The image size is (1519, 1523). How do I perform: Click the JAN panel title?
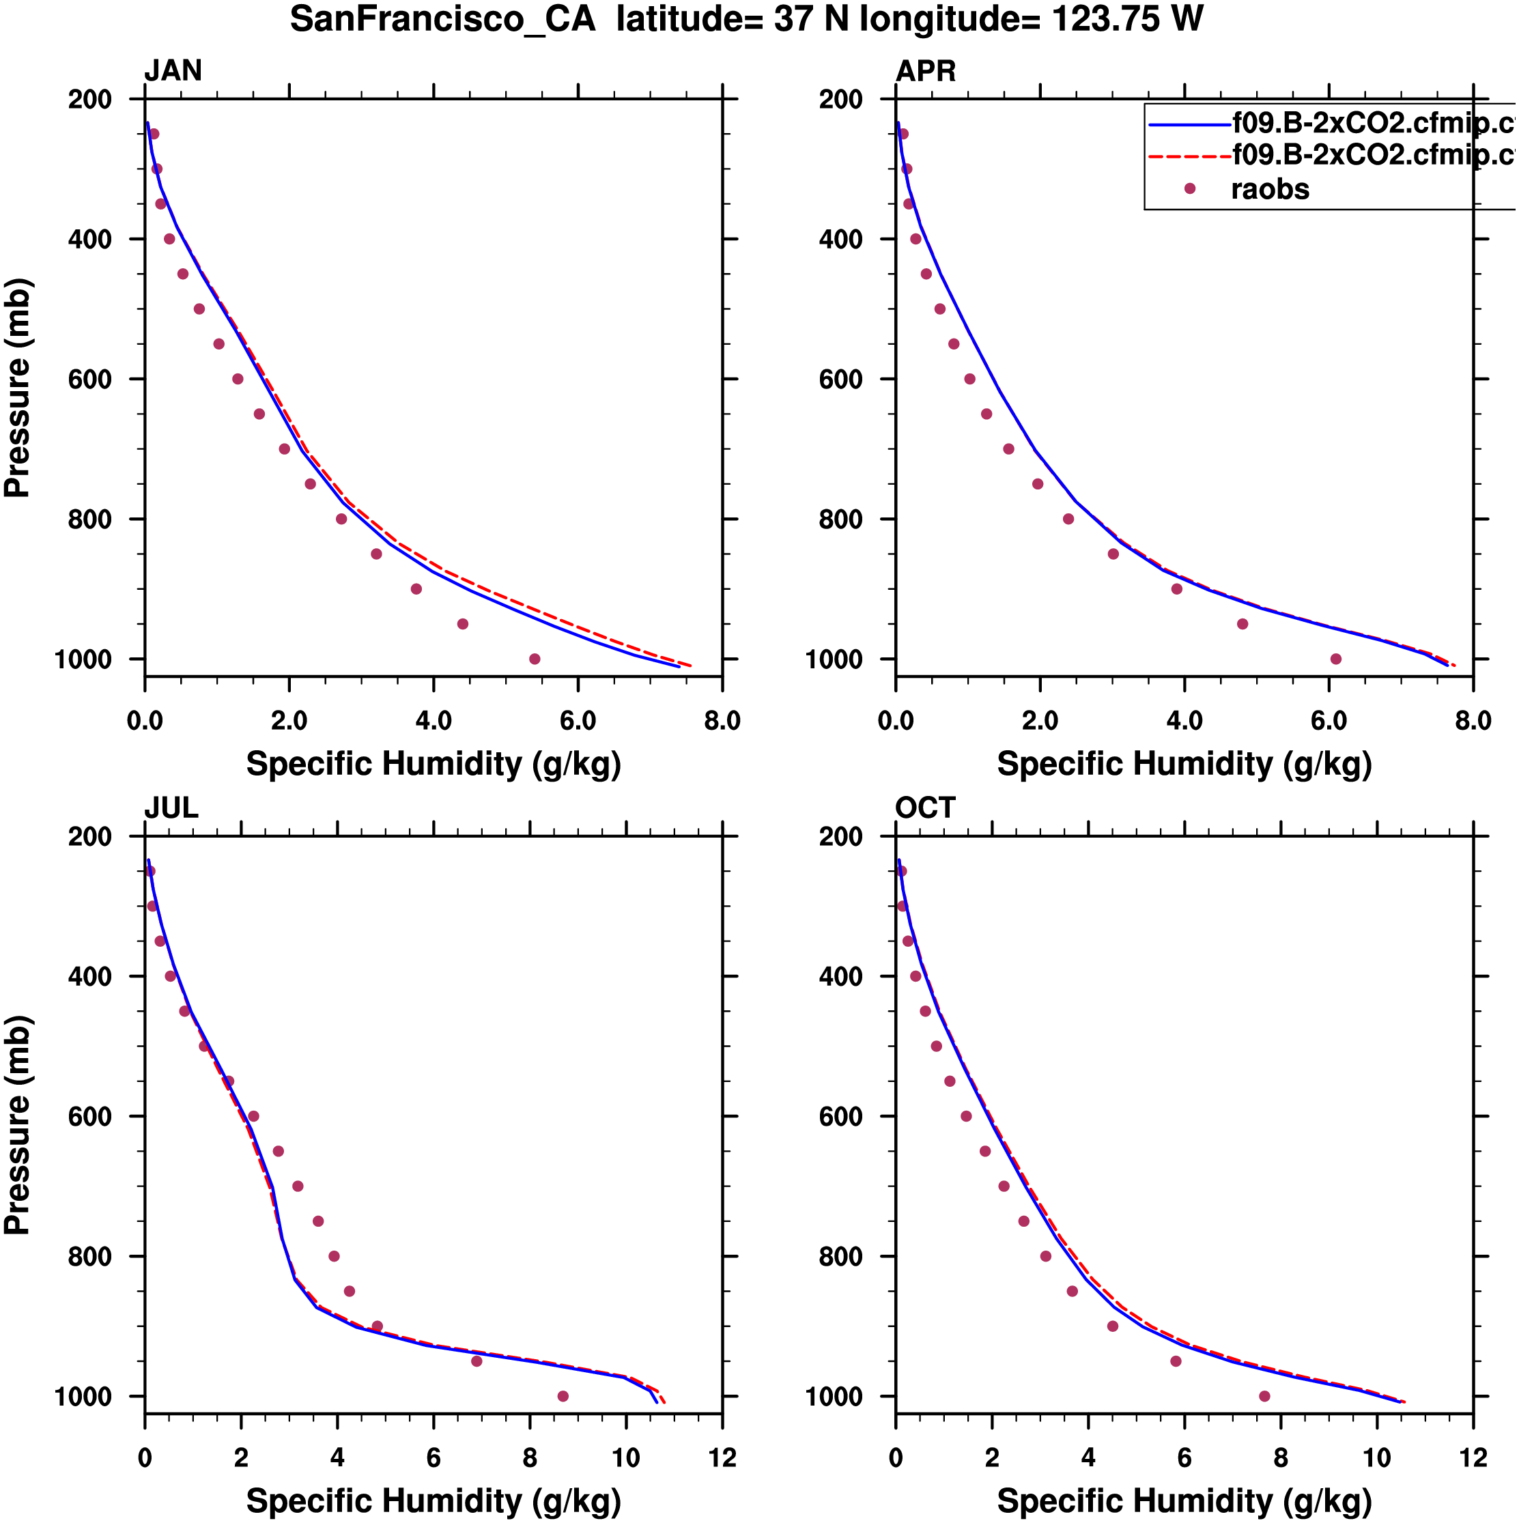click(x=173, y=71)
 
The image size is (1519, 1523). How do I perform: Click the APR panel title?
click(x=926, y=71)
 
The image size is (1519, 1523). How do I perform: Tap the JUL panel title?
click(x=171, y=808)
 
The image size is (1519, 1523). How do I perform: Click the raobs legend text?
click(x=1270, y=189)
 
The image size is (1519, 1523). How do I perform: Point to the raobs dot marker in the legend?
click(x=1189, y=188)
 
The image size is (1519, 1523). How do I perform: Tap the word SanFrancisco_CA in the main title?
click(x=442, y=19)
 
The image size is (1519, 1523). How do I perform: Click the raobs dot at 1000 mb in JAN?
click(x=535, y=659)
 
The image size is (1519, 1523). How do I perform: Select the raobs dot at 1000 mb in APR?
click(x=1335, y=659)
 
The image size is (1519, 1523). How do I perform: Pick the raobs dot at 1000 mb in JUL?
click(x=563, y=1396)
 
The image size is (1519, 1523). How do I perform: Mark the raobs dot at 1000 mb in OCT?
click(x=1264, y=1396)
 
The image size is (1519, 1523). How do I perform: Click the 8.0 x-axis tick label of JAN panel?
click(x=722, y=720)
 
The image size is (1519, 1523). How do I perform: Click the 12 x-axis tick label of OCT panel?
click(x=1473, y=1457)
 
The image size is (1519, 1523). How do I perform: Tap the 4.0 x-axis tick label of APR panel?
click(x=1184, y=720)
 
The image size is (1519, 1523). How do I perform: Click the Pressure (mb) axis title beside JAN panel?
click(x=17, y=387)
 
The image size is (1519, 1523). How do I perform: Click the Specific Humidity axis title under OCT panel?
click(x=1184, y=1501)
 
